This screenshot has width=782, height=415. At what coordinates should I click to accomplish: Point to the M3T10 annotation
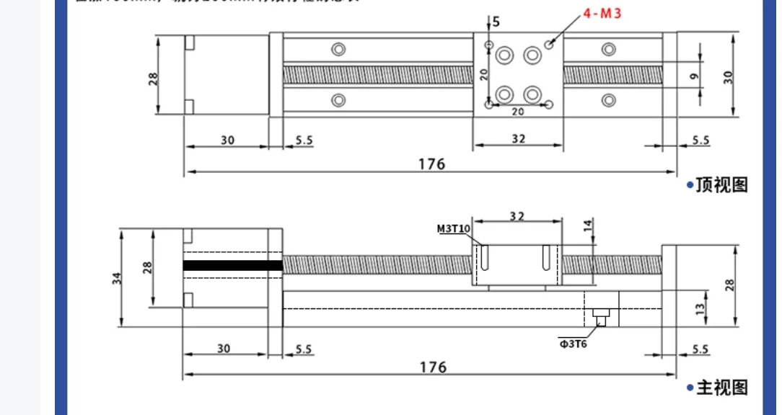tap(454, 230)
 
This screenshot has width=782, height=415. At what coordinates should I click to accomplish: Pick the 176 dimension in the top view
tap(431, 164)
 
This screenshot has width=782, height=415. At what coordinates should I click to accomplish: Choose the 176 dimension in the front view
tap(431, 367)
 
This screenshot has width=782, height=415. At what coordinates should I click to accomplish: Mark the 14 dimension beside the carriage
tap(587, 224)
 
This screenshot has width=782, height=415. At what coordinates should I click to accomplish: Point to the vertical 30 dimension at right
tap(729, 76)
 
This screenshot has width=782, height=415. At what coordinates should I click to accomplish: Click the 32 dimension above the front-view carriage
tap(517, 215)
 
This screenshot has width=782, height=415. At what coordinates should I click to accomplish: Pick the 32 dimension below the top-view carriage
tap(518, 139)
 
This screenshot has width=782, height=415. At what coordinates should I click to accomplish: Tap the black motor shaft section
tap(232, 265)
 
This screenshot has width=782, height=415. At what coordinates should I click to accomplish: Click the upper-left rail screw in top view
tap(337, 49)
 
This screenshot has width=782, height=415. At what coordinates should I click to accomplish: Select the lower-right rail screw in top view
tap(609, 99)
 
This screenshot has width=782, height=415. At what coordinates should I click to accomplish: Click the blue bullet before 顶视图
tap(690, 186)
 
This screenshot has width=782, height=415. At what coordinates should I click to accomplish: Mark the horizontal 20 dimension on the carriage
tap(517, 112)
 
